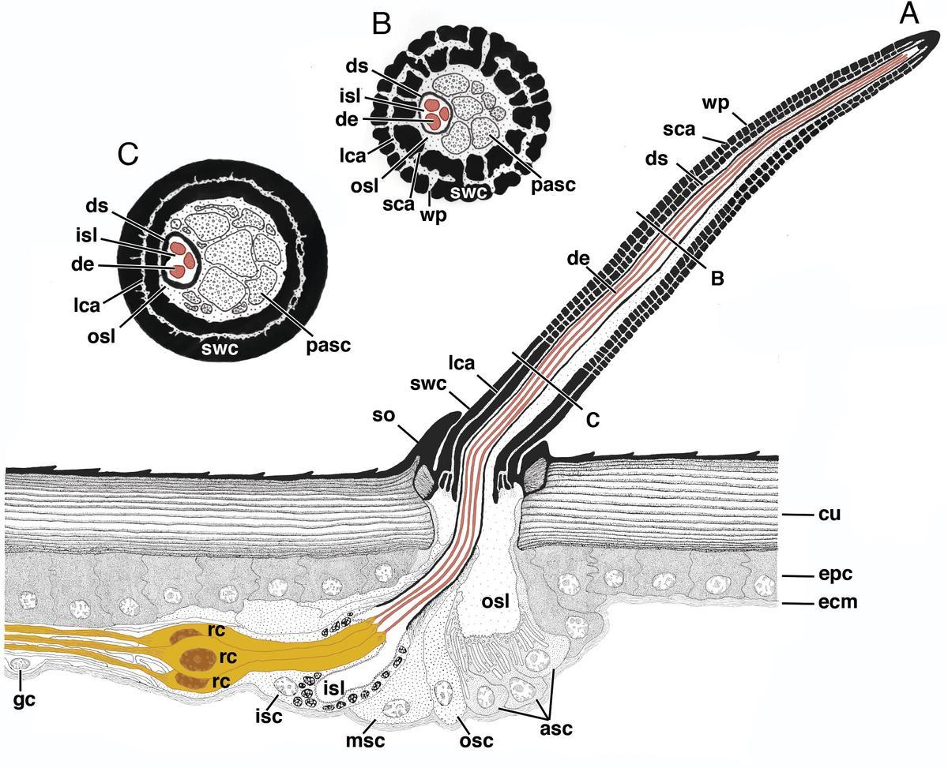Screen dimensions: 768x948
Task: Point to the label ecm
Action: [836, 602]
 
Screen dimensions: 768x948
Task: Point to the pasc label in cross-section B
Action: [553, 184]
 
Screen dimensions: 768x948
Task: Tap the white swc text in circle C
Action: [222, 347]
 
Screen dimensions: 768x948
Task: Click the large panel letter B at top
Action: [381, 25]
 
